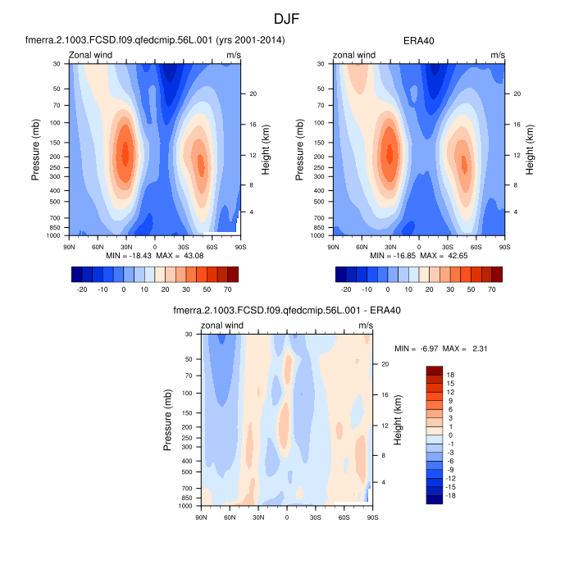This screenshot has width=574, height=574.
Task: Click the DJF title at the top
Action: [x=287, y=18]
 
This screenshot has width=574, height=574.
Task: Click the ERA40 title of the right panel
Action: [x=419, y=39]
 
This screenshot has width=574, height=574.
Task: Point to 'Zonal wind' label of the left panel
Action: [x=91, y=56]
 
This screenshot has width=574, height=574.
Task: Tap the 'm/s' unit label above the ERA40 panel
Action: [x=498, y=56]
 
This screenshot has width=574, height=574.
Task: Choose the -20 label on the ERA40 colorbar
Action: [x=345, y=289]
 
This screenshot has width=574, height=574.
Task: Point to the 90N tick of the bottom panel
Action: [x=202, y=517]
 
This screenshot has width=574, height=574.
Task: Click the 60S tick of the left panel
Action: [x=212, y=245]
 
